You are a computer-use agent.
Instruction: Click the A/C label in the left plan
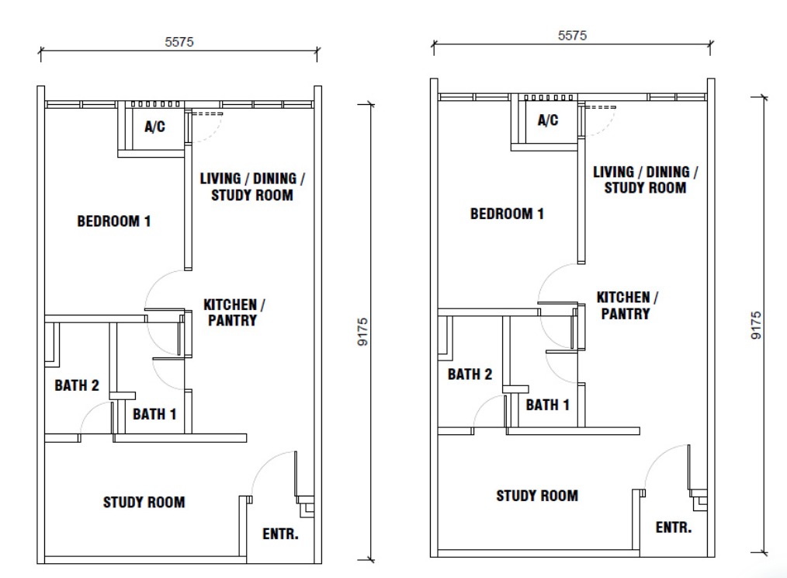154,127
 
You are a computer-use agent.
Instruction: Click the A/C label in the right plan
548,120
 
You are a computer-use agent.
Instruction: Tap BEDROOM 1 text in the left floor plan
114,221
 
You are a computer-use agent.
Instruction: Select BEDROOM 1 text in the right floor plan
507,214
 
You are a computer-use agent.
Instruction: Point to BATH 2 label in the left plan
77,385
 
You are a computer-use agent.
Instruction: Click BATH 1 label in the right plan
548,405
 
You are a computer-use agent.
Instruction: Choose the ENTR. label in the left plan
280,534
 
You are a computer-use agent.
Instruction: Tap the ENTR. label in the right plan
674,528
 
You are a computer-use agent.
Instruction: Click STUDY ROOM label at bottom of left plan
144,502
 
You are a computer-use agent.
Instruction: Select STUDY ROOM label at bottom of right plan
537,496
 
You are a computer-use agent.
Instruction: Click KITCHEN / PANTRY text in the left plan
234,312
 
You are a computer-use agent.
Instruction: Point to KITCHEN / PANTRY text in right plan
627,305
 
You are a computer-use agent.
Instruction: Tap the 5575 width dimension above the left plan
179,42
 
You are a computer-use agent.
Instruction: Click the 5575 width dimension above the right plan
572,36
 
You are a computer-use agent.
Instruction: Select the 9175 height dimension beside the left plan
362,332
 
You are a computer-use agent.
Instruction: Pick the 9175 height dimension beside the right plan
756,326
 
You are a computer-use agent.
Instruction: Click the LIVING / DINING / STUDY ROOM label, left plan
252,187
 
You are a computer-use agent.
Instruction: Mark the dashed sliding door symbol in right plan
600,107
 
